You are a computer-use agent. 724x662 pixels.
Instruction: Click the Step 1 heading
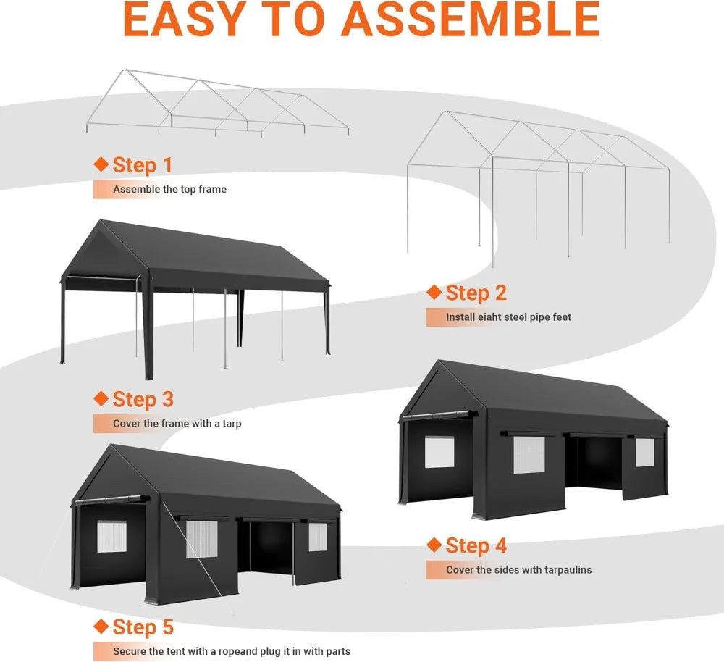pos(143,165)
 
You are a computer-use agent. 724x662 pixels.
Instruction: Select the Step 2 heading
pos(476,293)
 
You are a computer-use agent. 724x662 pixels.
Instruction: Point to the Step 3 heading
pos(143,399)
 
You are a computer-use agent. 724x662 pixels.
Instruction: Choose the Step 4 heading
pos(476,545)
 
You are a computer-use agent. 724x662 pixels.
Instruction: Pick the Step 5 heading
pos(143,627)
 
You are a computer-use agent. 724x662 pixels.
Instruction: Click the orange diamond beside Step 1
pos(101,164)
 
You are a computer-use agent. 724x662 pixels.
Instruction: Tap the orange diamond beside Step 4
pos(434,545)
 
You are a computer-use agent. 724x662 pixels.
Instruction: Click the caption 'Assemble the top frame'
pos(169,189)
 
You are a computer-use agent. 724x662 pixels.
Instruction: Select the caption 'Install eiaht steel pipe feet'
pos(508,317)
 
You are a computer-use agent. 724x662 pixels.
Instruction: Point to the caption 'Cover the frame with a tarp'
pos(177,423)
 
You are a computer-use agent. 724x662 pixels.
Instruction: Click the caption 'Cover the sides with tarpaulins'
pos(518,570)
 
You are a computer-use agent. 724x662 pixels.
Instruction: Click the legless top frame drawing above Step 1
pos(217,105)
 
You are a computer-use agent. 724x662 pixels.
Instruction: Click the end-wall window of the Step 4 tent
pos(439,452)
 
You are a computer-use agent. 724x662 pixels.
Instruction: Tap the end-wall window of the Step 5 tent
pos(111,537)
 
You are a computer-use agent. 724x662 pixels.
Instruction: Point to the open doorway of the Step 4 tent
pos(594,464)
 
